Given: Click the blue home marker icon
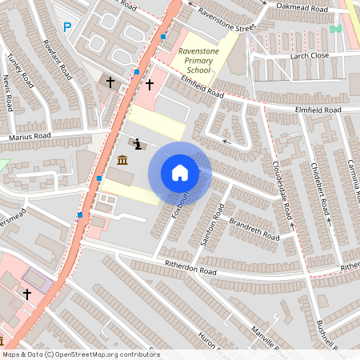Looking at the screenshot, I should coord(180,173).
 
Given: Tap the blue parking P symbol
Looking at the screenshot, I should coord(67,27).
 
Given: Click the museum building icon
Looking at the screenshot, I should coord(122,160).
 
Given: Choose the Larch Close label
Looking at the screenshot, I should coord(310,55).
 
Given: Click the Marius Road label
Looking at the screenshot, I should coord(30,136).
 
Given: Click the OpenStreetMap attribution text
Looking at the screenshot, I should coord(80,354).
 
